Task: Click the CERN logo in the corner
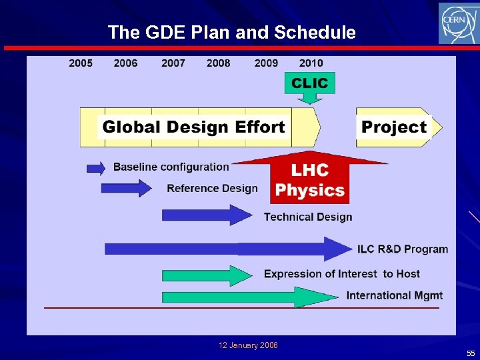(x=458, y=23)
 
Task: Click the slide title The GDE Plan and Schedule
(x=231, y=32)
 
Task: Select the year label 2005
(x=81, y=63)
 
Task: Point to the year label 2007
(x=173, y=63)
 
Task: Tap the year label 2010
(x=311, y=63)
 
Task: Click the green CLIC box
(x=309, y=83)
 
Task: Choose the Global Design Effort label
(x=193, y=127)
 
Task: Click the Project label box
(x=393, y=127)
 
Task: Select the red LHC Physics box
(x=309, y=181)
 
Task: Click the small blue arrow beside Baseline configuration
(x=96, y=168)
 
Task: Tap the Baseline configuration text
(x=171, y=167)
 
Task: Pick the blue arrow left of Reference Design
(x=126, y=189)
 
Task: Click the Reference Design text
(x=212, y=189)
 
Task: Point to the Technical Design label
(x=308, y=217)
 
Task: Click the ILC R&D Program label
(x=403, y=249)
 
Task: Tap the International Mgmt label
(x=394, y=295)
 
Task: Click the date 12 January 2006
(x=248, y=345)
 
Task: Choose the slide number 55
(x=471, y=353)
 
